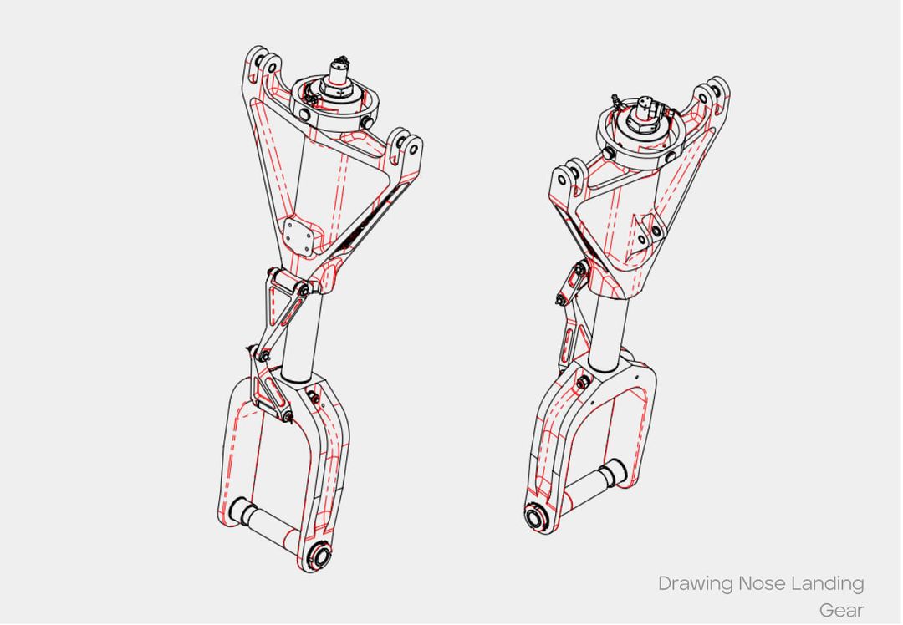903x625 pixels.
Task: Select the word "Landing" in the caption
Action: pyautogui.click(x=828, y=583)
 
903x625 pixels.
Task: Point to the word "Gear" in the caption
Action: pyautogui.click(x=841, y=609)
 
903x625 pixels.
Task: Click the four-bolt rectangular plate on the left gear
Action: pyautogui.click(x=298, y=236)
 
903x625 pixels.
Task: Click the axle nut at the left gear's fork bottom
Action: pyautogui.click(x=319, y=556)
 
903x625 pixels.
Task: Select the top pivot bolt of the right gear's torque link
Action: pyautogui.click(x=580, y=269)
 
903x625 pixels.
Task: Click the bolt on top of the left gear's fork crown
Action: pyautogui.click(x=314, y=397)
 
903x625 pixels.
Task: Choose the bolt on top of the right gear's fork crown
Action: pyautogui.click(x=582, y=381)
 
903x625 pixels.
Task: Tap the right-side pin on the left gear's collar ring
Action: pyautogui.click(x=367, y=123)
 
